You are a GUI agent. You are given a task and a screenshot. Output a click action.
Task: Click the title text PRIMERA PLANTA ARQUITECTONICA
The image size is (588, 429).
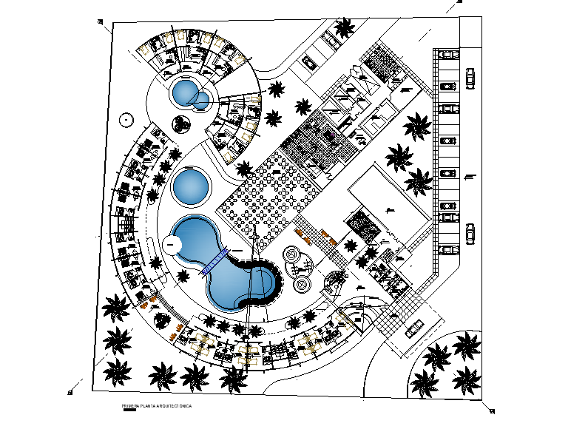click(157, 406)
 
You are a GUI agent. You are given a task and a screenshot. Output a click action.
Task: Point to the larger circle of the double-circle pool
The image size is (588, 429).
click(183, 93)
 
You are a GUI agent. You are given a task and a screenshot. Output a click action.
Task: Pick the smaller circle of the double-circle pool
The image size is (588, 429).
click(201, 100)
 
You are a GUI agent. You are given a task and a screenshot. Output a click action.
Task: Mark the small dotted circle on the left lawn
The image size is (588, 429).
click(127, 118)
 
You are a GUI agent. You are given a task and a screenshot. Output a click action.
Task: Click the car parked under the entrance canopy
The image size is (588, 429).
click(415, 327)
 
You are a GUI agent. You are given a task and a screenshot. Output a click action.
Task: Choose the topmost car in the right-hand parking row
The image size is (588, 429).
click(448, 53)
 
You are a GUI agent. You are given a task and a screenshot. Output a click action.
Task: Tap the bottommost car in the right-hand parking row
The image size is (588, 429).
click(448, 249)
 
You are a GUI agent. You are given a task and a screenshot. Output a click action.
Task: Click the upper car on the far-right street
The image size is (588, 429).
click(470, 78)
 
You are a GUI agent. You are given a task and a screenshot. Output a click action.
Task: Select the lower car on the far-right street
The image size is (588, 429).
click(470, 234)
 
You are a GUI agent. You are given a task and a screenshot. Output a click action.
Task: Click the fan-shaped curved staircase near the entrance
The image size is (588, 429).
click(336, 280)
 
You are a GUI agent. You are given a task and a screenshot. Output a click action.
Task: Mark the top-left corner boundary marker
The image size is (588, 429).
click(100, 21)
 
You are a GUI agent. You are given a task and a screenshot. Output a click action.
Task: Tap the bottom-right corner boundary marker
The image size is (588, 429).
click(490, 411)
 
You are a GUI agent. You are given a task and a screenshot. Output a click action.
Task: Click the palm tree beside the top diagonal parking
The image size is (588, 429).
click(344, 29)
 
